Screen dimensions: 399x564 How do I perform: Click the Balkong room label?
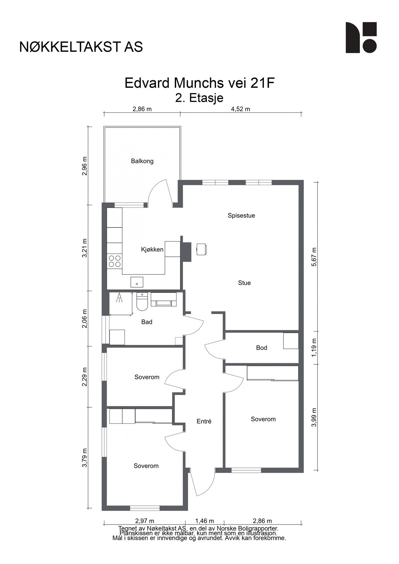tap(142, 161)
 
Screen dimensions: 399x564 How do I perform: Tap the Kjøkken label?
tap(152, 250)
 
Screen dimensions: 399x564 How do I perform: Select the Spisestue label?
tap(241, 216)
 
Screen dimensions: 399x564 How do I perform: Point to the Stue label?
tap(244, 283)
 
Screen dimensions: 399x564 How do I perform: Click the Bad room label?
tap(147, 322)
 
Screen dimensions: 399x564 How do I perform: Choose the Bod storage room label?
tap(261, 348)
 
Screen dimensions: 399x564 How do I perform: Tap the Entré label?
tap(204, 421)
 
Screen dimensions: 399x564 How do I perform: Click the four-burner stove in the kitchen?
tap(114, 261)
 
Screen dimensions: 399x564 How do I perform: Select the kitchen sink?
tap(137, 282)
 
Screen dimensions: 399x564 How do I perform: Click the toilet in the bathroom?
tap(142, 302)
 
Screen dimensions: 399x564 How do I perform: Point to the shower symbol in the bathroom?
tap(119, 298)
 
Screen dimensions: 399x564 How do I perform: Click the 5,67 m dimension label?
tap(315, 257)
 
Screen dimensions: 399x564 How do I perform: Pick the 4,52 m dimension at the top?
tap(240, 109)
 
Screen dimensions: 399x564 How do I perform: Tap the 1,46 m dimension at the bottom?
tap(204, 521)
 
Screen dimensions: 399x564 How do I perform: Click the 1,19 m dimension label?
tap(315, 347)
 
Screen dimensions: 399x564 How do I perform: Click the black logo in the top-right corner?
tap(361, 38)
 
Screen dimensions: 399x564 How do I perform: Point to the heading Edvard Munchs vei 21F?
tap(200, 83)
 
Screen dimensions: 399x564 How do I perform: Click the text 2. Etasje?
tap(199, 98)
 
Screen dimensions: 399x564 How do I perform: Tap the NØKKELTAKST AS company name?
tap(81, 47)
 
